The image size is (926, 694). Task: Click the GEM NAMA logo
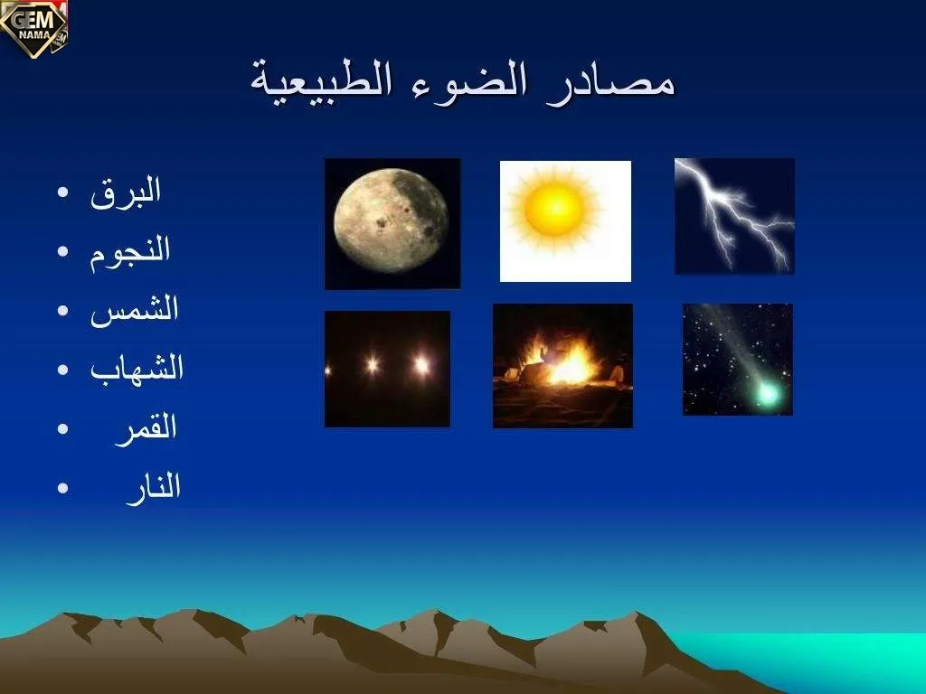coord(33,28)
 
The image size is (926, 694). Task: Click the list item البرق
coord(125,192)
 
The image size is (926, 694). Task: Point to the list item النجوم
coord(130,251)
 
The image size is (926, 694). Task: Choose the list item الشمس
coord(134,309)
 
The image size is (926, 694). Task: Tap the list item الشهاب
coord(137,369)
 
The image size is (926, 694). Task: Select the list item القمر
coord(146,427)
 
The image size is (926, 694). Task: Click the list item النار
coord(153,487)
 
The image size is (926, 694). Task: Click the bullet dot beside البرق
coord(63,192)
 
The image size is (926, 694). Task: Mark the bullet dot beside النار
coord(63,488)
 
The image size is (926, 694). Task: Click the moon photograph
coord(392,224)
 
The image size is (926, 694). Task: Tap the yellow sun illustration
coord(554,209)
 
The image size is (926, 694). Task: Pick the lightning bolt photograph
coord(734,216)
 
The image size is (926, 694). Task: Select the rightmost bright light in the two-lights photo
coord(421,366)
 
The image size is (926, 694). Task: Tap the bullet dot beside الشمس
coord(63,311)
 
